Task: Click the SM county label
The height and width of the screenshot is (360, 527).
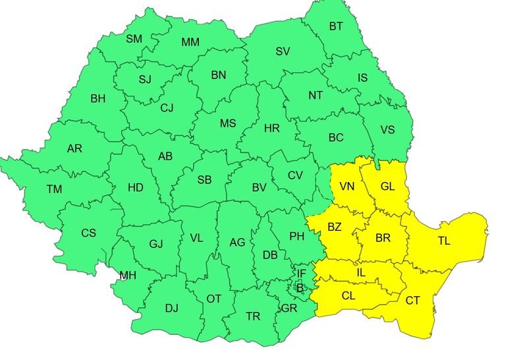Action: tap(134, 39)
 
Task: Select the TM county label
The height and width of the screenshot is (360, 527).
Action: tap(54, 189)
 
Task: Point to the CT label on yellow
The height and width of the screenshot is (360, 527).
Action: tap(412, 301)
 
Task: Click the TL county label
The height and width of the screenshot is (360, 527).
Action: tap(444, 241)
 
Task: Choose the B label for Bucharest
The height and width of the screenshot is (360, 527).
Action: tap(300, 287)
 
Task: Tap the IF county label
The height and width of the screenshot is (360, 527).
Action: tap(301, 273)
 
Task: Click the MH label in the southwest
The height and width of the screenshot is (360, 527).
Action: tap(128, 276)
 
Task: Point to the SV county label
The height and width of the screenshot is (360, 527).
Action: tap(283, 51)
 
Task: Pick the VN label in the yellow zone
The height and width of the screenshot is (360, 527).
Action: tap(347, 187)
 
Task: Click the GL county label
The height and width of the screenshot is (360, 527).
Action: tap(387, 187)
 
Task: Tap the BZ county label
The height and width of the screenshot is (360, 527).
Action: tap(334, 227)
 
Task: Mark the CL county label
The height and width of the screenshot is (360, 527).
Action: tap(348, 296)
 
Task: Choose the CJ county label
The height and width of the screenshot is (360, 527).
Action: tap(167, 109)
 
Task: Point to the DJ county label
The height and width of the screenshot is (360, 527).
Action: tap(171, 308)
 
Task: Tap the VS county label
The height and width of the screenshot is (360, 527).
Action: tap(387, 130)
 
